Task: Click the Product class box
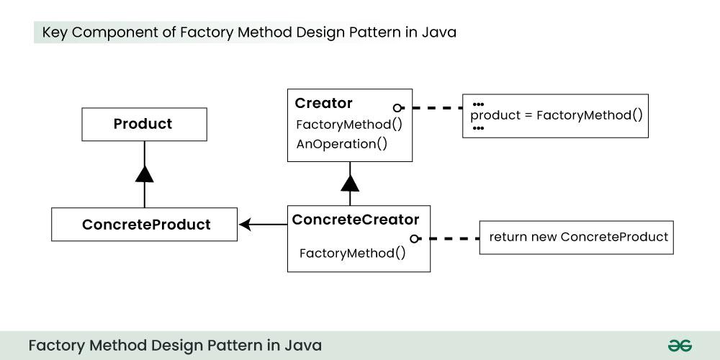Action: (144, 124)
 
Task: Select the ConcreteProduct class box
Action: (144, 225)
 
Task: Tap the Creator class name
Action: (324, 103)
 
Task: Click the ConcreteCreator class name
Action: (356, 220)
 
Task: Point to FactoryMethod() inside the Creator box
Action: (349, 124)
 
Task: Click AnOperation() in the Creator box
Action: (342, 143)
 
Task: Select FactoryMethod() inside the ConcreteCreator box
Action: (352, 253)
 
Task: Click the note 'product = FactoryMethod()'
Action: (555, 115)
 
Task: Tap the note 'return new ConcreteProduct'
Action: (577, 237)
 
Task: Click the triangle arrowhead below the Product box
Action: (145, 174)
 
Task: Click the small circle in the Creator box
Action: (397, 107)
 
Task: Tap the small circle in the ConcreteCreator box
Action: (415, 238)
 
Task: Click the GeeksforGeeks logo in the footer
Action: (679, 346)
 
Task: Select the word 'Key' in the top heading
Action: (55, 32)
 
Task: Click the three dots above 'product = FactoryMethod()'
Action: (478, 104)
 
